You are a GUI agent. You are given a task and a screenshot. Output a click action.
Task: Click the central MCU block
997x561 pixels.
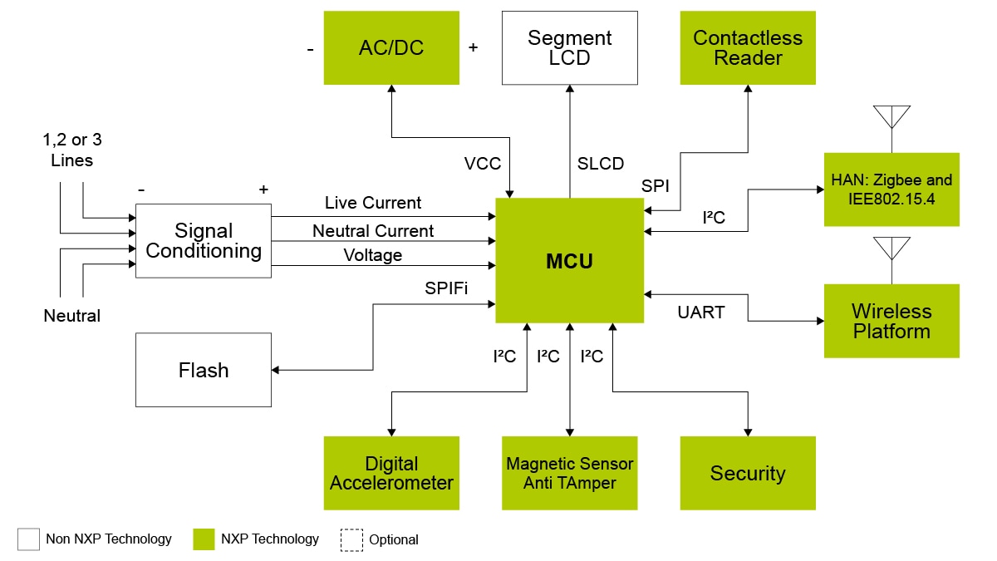[569, 261]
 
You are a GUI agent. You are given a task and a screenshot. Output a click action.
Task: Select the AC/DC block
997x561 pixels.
[391, 47]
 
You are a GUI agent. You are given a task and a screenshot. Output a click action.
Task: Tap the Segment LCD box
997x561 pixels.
[569, 47]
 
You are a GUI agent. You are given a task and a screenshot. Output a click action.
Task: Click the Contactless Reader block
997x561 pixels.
[748, 47]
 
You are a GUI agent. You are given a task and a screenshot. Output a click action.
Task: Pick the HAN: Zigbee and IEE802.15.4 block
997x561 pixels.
[891, 189]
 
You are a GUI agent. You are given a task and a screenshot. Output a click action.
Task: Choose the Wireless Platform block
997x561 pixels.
[891, 321]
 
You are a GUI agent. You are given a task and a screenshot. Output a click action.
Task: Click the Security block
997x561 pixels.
[748, 473]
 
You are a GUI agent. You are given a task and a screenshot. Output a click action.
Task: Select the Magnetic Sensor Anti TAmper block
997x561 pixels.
[569, 473]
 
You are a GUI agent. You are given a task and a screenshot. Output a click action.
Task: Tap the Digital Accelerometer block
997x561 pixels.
[391, 473]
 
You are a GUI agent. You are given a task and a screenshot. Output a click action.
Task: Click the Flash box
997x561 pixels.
[204, 370]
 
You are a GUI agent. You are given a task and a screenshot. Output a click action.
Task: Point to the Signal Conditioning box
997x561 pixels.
[204, 241]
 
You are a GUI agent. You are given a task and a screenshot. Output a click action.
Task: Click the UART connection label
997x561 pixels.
[700, 312]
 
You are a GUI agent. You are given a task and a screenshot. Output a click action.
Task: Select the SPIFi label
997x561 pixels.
[446, 289]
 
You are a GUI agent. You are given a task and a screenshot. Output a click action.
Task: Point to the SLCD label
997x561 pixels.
[600, 164]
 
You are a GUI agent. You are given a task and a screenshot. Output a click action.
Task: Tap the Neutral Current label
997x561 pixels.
[373, 230]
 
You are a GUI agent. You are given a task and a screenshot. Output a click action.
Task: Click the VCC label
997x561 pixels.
[482, 164]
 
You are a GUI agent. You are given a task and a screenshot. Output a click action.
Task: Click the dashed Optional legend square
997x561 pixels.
[351, 539]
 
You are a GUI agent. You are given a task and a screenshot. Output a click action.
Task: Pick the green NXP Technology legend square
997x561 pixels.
[204, 539]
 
